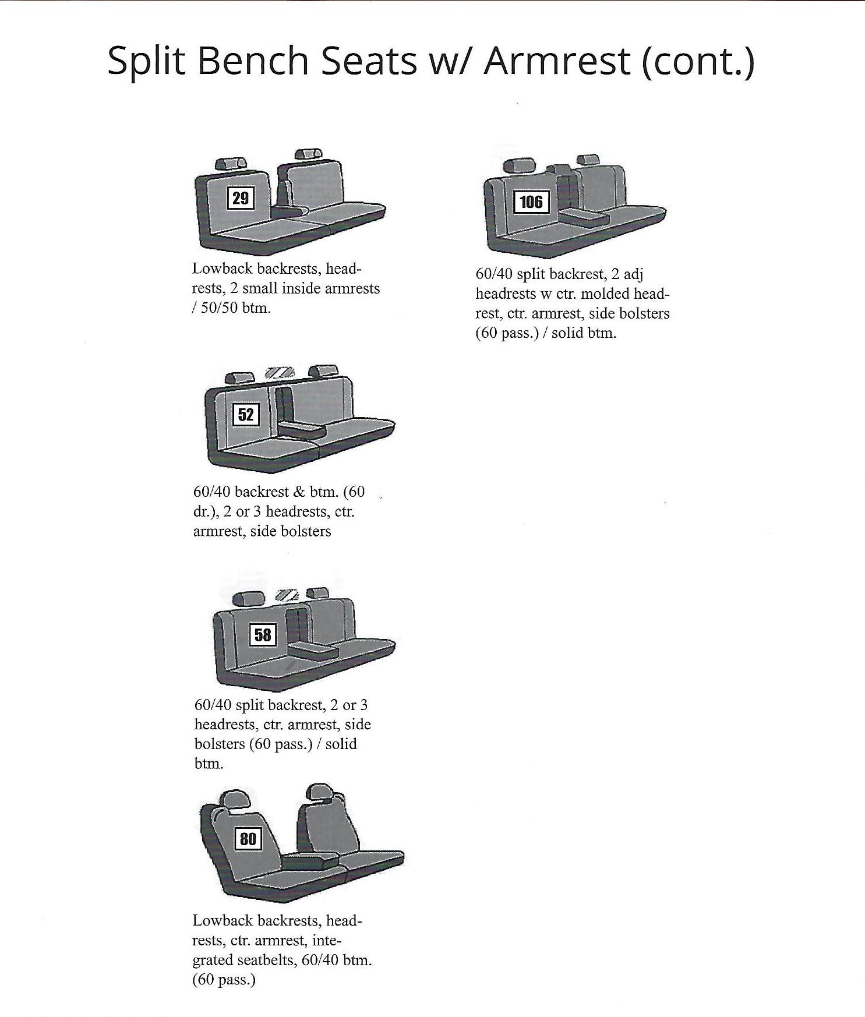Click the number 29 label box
click(241, 199)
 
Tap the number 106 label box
click(531, 202)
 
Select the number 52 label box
click(246, 415)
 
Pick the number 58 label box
click(263, 634)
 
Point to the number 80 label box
click(248, 839)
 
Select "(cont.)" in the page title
click(697, 61)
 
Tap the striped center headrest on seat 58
click(287, 595)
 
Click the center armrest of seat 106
click(584, 218)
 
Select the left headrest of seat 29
click(230, 164)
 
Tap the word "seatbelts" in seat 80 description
click(269, 960)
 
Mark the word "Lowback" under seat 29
click(222, 269)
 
